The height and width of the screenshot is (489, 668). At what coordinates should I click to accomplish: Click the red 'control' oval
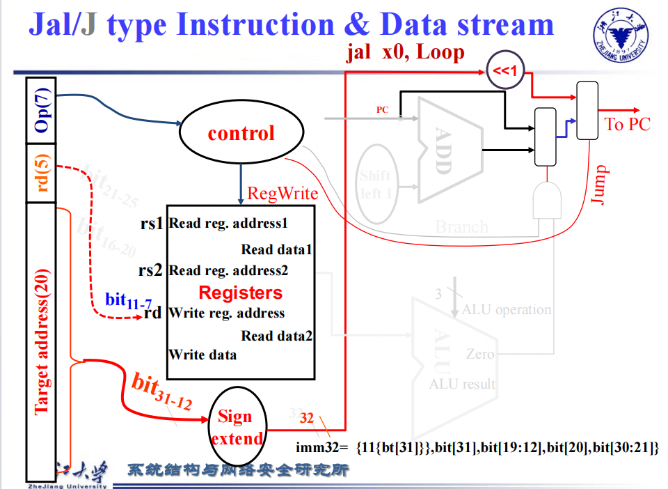(x=241, y=133)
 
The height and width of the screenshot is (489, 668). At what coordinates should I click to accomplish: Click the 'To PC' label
(x=627, y=125)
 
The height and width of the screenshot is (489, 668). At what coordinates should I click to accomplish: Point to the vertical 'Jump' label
(x=600, y=185)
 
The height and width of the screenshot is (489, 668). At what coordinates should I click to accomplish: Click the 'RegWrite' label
(x=283, y=193)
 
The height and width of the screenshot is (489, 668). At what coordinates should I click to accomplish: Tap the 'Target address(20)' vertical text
(x=42, y=341)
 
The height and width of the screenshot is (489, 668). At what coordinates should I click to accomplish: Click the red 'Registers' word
(x=241, y=293)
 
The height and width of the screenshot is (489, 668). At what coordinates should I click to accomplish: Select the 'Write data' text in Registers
(x=202, y=355)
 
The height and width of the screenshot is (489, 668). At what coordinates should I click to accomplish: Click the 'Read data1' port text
(x=277, y=249)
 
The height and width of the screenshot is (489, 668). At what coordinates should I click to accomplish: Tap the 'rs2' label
(x=150, y=270)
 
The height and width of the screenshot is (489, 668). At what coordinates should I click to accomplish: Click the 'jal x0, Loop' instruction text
(x=405, y=53)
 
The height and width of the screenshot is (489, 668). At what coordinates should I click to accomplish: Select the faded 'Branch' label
(x=461, y=226)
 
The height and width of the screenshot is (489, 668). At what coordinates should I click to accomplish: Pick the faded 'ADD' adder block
(x=445, y=149)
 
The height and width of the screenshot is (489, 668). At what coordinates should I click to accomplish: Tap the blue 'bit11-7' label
(x=128, y=301)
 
